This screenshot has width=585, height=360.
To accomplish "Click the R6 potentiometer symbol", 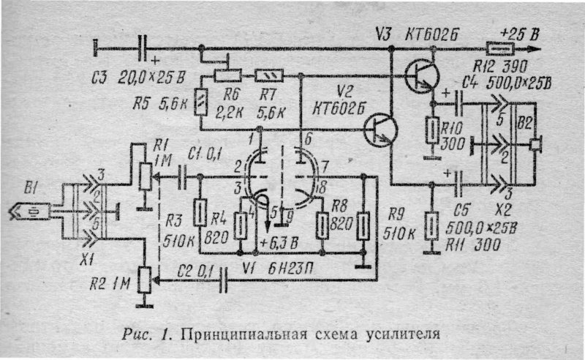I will (227, 75).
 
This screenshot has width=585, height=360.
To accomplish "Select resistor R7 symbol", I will (267, 75).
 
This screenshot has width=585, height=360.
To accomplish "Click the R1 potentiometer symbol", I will (146, 176).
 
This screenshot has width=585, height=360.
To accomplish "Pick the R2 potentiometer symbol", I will (147, 277).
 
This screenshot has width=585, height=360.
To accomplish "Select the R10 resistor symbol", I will (432, 132).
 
